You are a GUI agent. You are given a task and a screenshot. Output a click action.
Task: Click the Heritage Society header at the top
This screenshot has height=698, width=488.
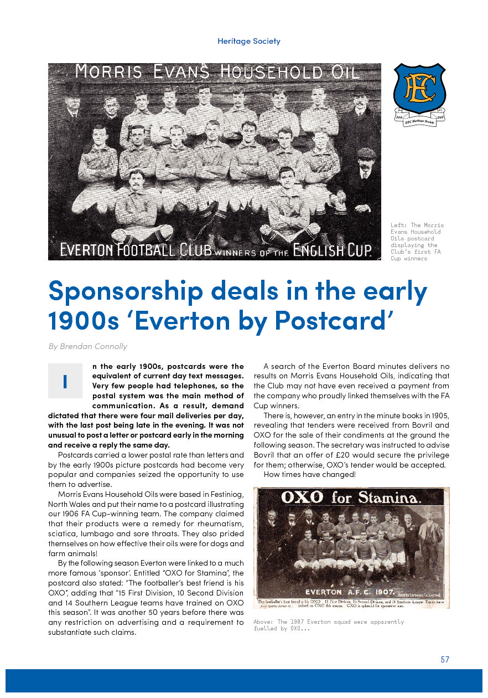tap(249, 41)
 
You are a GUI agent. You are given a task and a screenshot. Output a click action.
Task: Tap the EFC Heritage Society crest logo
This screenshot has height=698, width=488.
tap(419, 94)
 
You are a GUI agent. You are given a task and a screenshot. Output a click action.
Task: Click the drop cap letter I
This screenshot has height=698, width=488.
tap(65, 381)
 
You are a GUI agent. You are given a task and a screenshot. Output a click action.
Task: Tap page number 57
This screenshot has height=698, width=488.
tap(445, 659)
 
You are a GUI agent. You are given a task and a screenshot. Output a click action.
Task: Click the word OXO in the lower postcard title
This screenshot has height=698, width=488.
tap(303, 497)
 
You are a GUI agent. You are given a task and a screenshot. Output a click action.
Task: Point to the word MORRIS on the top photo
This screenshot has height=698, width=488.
tap(106, 71)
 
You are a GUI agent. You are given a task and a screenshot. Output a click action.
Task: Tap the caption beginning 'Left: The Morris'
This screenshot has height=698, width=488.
tap(418, 242)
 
